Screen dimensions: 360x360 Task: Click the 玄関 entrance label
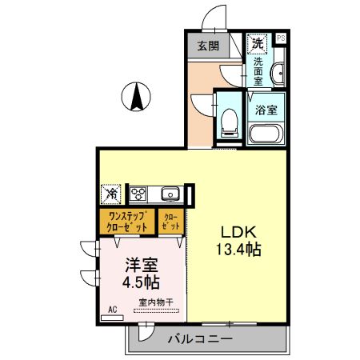(208, 46)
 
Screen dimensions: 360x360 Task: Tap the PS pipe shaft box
(280, 38)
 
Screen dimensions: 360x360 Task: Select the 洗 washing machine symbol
(258, 42)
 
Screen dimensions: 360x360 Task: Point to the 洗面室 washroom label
(258, 70)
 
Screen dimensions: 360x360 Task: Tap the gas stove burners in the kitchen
(138, 194)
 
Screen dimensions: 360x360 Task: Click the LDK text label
(238, 232)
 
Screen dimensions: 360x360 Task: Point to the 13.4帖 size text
(238, 249)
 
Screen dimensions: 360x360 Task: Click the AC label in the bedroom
(111, 309)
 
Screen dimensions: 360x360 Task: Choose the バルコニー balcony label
(200, 339)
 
